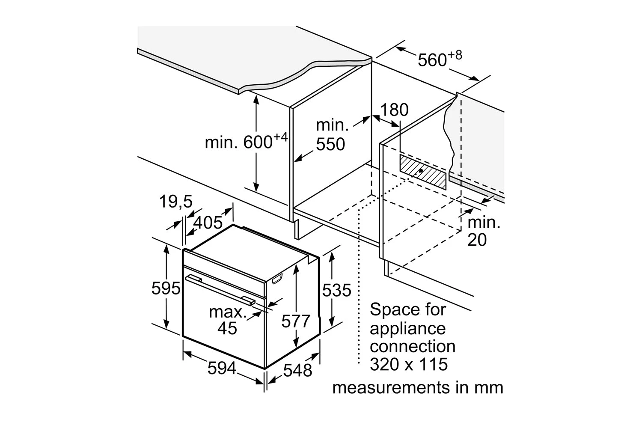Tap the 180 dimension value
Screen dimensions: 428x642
(x=394, y=110)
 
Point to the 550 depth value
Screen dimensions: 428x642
(x=330, y=145)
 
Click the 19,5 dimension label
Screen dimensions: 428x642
(x=176, y=201)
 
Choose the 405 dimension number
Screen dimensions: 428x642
(x=208, y=223)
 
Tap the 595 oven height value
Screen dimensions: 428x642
(x=166, y=288)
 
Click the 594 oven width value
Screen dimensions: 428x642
(x=222, y=368)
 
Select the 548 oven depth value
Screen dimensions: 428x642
(x=297, y=370)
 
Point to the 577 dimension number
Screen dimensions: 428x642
(x=295, y=321)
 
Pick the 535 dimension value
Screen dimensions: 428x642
(x=336, y=291)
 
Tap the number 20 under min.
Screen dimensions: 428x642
(x=477, y=240)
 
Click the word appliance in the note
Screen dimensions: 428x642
(x=407, y=329)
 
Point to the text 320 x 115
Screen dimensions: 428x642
(x=408, y=364)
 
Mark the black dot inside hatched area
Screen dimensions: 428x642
(x=421, y=170)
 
